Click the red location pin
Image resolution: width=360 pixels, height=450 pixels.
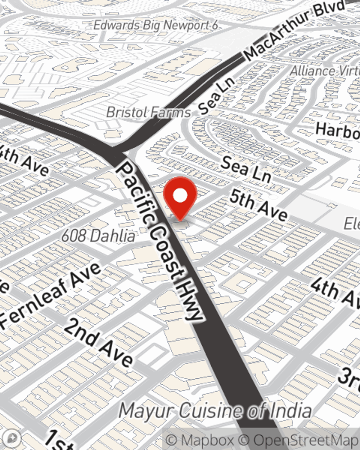pyautogui.click(x=180, y=197)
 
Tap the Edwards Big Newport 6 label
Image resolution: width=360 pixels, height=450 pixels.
pyautogui.click(x=156, y=26)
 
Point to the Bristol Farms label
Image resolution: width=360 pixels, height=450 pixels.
pyautogui.click(x=148, y=112)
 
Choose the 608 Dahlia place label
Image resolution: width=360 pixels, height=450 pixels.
pyautogui.click(x=98, y=236)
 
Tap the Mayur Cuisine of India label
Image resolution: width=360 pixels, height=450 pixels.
pyautogui.click(x=215, y=411)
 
